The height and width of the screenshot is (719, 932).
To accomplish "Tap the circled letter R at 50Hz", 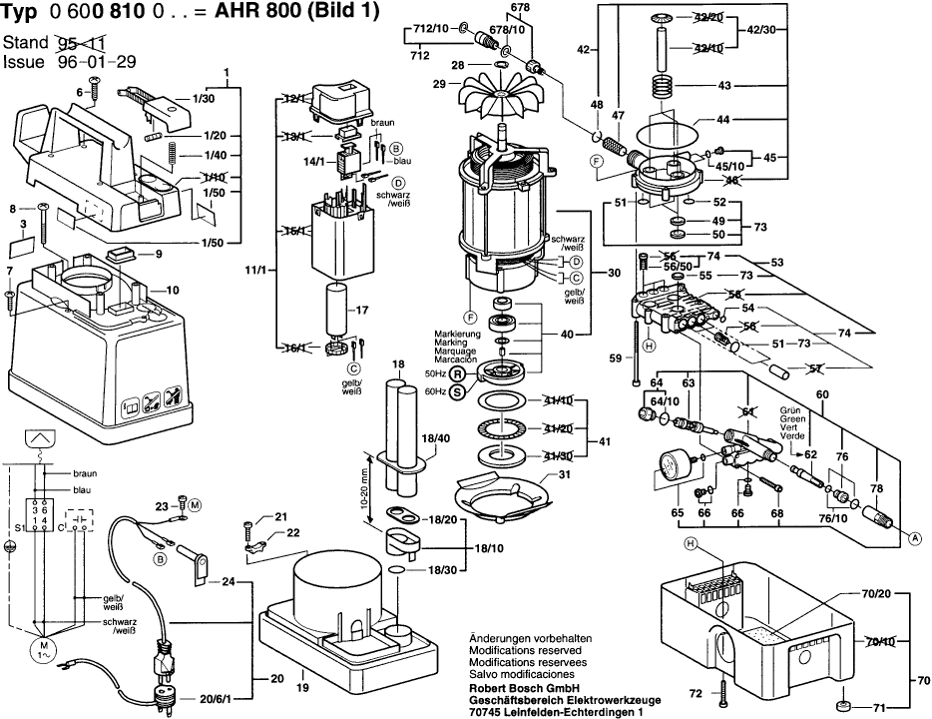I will pyautogui.click(x=458, y=373).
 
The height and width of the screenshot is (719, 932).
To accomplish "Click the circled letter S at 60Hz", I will pyautogui.click(x=458, y=391).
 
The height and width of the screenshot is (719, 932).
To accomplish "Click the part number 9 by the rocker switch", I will pyautogui.click(x=158, y=255).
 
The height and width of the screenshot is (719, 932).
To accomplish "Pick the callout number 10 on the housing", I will pyautogui.click(x=172, y=290).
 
